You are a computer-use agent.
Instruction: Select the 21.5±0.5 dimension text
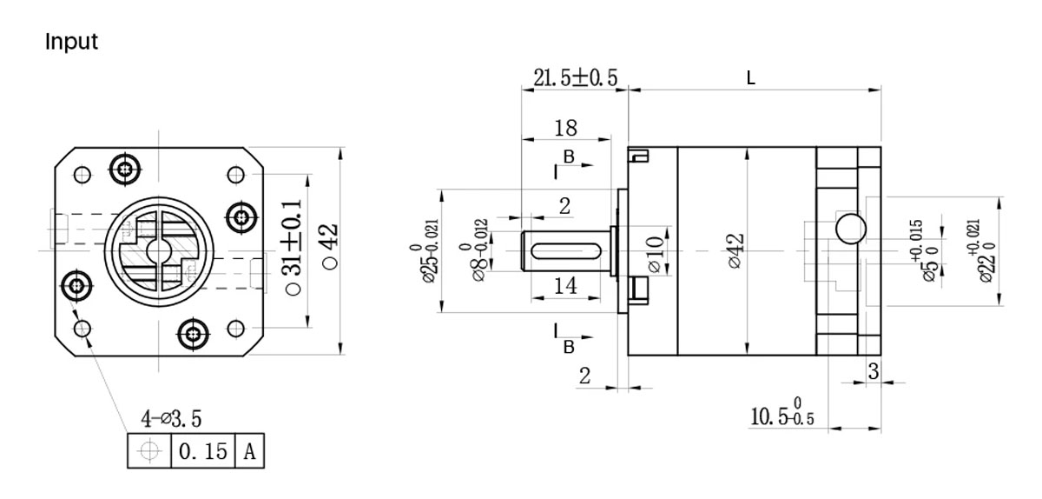tap(575, 77)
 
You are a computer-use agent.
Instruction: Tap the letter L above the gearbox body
tap(750, 78)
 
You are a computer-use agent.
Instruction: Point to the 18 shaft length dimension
tap(564, 129)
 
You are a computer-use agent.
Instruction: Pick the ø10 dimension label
tap(657, 249)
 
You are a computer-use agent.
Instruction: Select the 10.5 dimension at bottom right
tap(781, 415)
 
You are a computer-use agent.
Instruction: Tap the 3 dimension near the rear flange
tap(873, 371)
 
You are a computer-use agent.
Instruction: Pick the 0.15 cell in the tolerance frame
tap(202, 452)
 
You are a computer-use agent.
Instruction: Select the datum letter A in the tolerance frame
tap(249, 452)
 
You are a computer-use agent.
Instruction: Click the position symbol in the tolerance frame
tap(149, 452)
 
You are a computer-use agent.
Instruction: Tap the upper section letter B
tap(568, 156)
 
